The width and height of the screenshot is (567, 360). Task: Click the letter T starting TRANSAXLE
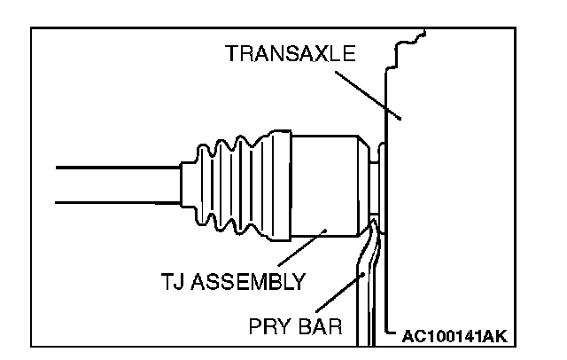[230, 54]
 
